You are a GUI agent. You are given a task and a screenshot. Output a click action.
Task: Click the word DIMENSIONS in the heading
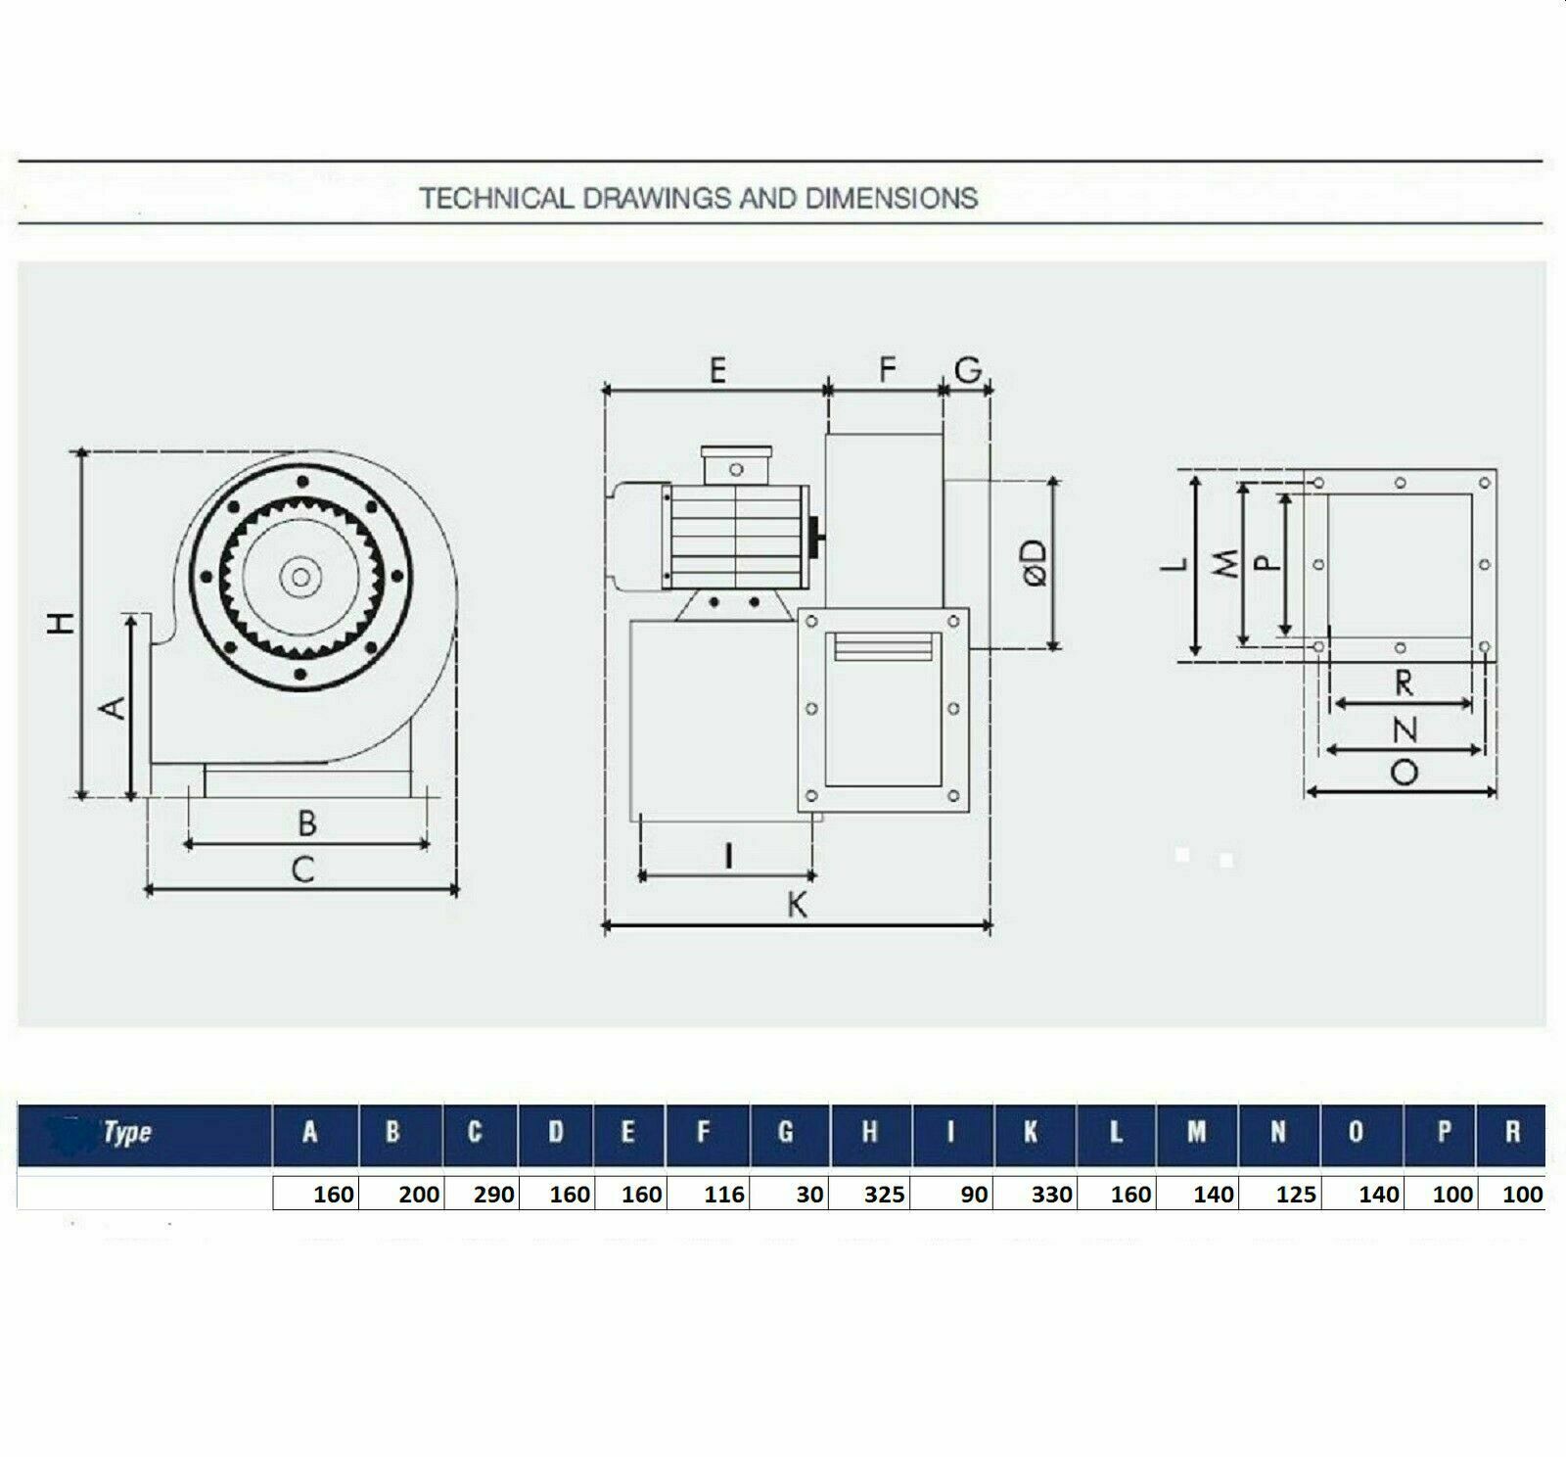pyautogui.click(x=891, y=199)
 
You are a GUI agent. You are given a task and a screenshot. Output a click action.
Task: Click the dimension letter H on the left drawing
pyautogui.click(x=62, y=623)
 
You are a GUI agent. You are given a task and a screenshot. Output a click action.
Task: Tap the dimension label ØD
pyautogui.click(x=1035, y=563)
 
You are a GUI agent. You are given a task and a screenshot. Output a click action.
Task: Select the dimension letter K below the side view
pyautogui.click(x=798, y=906)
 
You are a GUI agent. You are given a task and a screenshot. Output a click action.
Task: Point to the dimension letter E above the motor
pyautogui.click(x=717, y=371)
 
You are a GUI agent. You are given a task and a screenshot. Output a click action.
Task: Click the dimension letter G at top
pyautogui.click(x=967, y=370)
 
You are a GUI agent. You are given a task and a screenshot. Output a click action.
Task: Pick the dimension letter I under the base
pyautogui.click(x=728, y=857)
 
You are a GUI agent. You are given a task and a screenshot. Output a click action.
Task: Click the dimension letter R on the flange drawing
pyautogui.click(x=1404, y=683)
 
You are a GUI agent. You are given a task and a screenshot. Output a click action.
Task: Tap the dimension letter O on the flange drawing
pyautogui.click(x=1404, y=774)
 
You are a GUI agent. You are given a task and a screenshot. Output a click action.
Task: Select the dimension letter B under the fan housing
pyautogui.click(x=306, y=823)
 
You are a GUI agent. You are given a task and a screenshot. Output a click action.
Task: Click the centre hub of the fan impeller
pyautogui.click(x=300, y=578)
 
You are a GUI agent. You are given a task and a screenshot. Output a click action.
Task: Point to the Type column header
pyautogui.click(x=127, y=1133)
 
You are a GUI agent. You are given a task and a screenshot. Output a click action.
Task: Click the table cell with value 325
pyautogui.click(x=884, y=1194)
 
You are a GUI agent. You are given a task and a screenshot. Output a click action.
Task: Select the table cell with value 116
pyautogui.click(x=723, y=1194)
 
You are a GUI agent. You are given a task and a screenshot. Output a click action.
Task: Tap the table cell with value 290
pyautogui.click(x=493, y=1194)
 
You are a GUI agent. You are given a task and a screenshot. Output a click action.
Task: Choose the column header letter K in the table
pyautogui.click(x=1030, y=1133)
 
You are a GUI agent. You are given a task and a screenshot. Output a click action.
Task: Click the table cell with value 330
pyautogui.click(x=1051, y=1194)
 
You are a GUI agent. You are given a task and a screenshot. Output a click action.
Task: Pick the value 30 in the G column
pyautogui.click(x=809, y=1194)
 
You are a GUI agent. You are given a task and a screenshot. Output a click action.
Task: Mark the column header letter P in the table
pyautogui.click(x=1444, y=1133)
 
